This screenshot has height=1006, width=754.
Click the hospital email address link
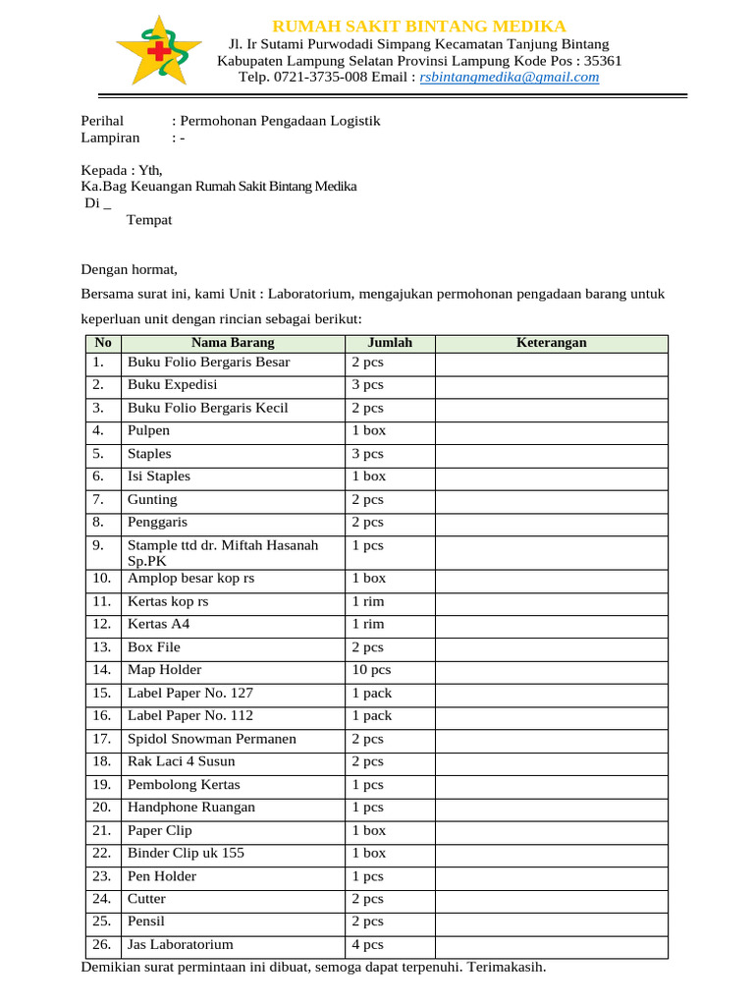pyautogui.click(x=509, y=78)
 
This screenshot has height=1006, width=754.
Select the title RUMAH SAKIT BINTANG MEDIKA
pyautogui.click(x=418, y=26)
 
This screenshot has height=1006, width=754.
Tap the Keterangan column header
pyautogui.click(x=551, y=343)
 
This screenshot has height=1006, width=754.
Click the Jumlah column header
pyautogui.click(x=390, y=343)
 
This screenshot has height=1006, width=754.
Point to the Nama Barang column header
pyautogui.click(x=233, y=343)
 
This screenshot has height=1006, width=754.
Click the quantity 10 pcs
pyautogui.click(x=371, y=670)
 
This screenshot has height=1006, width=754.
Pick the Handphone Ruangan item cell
pyautogui.click(x=191, y=808)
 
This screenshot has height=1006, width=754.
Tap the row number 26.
pyautogui.click(x=101, y=945)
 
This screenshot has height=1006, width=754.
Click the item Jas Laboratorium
pyautogui.click(x=181, y=945)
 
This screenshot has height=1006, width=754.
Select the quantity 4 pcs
pyautogui.click(x=368, y=945)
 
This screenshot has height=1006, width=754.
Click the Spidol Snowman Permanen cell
pyautogui.click(x=212, y=739)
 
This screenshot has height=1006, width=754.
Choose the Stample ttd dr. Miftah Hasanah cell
pyautogui.click(x=223, y=545)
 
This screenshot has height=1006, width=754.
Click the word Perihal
pyautogui.click(x=101, y=121)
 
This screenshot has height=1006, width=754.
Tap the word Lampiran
pyautogui.click(x=109, y=139)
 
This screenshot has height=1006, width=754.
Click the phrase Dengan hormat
pyautogui.click(x=130, y=268)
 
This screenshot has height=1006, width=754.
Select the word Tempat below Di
pyautogui.click(x=149, y=220)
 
